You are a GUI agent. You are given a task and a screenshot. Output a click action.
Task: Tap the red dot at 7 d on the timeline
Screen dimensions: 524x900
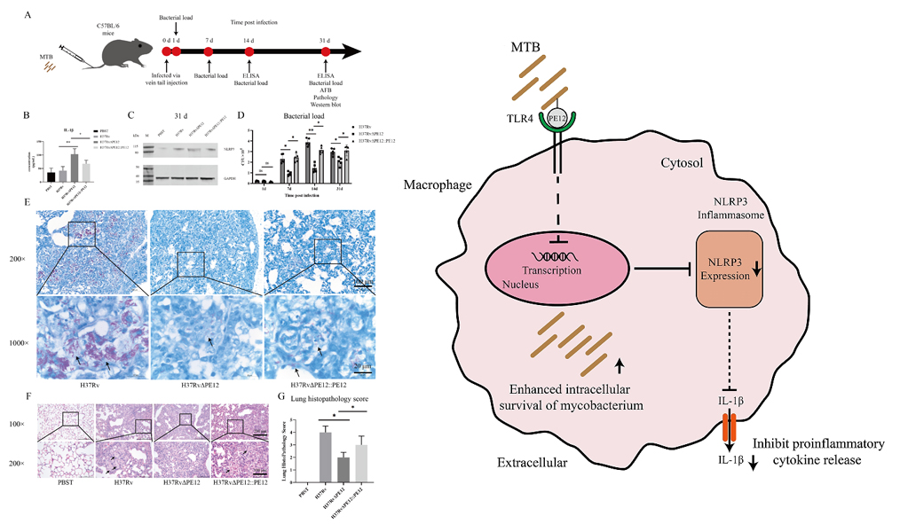[208, 52]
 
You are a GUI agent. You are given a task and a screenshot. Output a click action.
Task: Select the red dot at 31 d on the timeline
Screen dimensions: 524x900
[326, 52]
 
